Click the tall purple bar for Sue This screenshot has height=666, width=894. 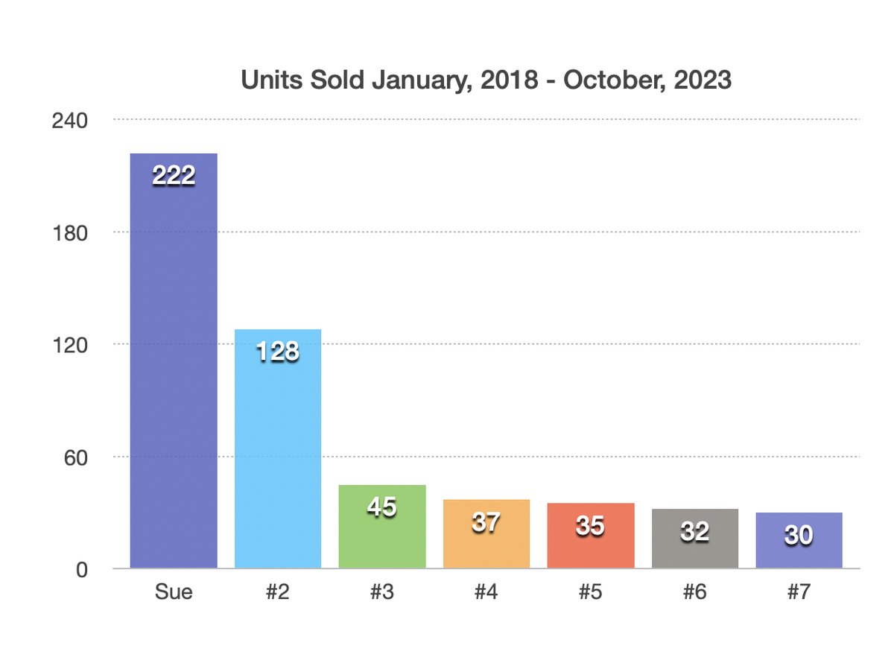[x=174, y=361]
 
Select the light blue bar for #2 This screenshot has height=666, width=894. [x=278, y=448]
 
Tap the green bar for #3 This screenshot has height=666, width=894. [x=381, y=526]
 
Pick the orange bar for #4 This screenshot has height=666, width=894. [x=486, y=533]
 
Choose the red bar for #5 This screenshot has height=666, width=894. [x=591, y=536]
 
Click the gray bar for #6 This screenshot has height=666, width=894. [x=695, y=538]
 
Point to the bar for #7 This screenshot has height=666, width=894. [x=799, y=540]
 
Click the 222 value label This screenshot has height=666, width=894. [x=174, y=175]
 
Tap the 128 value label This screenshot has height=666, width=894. [x=278, y=351]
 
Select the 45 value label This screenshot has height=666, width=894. [x=381, y=507]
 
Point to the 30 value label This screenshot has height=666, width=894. [x=799, y=535]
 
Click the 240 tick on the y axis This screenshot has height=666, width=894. [x=70, y=121]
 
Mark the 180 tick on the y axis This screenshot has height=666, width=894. [x=70, y=233]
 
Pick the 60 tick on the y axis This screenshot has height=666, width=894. [x=75, y=457]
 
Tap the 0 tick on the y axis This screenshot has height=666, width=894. [x=82, y=570]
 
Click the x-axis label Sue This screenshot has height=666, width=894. [x=174, y=592]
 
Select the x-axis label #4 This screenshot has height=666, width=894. [x=486, y=592]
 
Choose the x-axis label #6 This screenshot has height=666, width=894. [x=695, y=592]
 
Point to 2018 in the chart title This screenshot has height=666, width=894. [x=509, y=80]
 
